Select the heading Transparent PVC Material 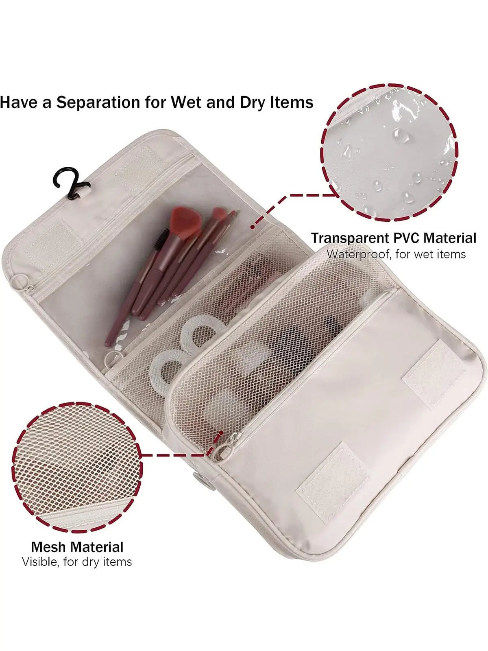click(x=393, y=238)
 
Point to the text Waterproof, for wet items click(x=396, y=254)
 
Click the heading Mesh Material click(x=77, y=546)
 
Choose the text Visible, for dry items click(x=77, y=562)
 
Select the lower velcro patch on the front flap click(x=333, y=476)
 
